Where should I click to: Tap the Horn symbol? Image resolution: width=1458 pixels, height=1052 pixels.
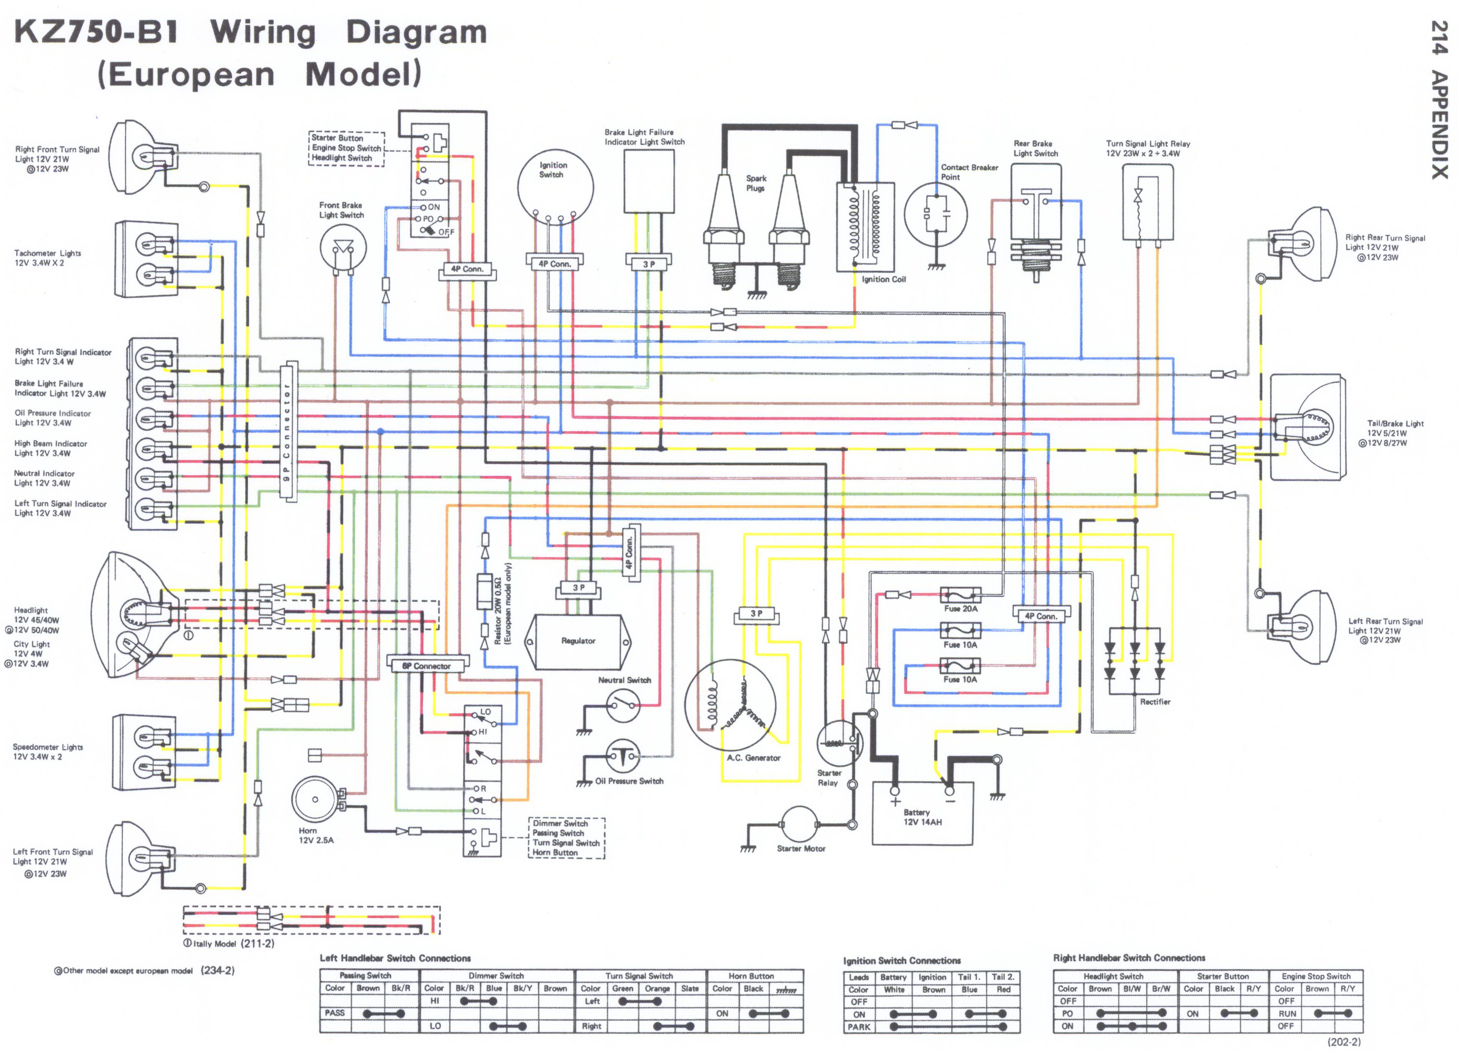[x=315, y=800]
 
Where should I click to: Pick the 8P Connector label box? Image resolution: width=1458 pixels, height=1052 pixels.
[x=427, y=666]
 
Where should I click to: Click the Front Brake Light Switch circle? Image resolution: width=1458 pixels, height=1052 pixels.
[x=343, y=247]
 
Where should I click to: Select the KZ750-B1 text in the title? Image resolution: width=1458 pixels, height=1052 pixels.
[x=96, y=32]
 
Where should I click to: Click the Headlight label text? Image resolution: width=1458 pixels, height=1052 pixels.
[x=31, y=610]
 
